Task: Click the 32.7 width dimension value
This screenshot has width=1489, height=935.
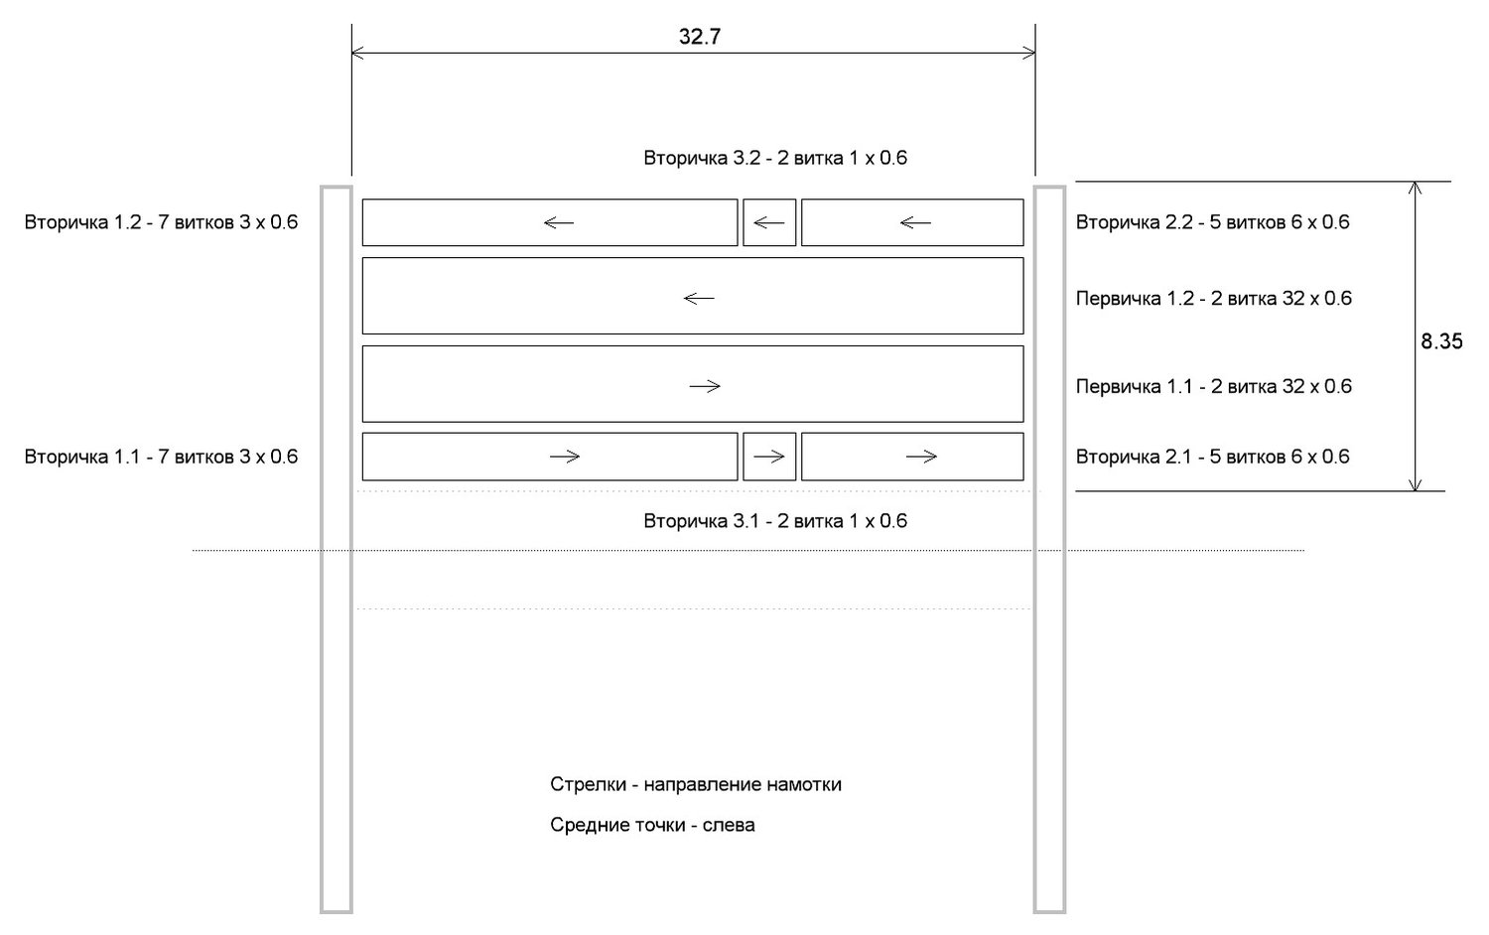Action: (699, 38)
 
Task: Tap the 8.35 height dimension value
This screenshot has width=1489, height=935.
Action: (1441, 341)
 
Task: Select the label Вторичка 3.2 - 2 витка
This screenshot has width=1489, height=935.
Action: (774, 158)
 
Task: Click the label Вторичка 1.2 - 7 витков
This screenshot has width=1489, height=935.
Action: (161, 222)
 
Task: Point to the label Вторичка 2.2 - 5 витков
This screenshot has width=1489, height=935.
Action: (1212, 222)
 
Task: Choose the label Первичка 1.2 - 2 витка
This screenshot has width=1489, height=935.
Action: (1213, 299)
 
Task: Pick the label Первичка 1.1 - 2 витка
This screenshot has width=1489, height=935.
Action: (1213, 387)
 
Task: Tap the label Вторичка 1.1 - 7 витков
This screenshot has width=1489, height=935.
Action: (161, 458)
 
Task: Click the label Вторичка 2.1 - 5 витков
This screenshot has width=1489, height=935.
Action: (1212, 458)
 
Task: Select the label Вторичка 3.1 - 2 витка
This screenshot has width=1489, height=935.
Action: (774, 521)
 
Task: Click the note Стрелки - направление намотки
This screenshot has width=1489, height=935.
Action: (695, 785)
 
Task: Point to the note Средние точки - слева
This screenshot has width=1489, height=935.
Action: (652, 826)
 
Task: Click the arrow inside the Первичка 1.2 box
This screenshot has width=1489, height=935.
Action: (699, 298)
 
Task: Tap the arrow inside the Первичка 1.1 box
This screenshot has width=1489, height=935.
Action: (704, 386)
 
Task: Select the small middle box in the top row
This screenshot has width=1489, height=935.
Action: (769, 222)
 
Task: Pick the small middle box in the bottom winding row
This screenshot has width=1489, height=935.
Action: (769, 457)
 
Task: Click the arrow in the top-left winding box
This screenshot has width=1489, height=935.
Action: (559, 222)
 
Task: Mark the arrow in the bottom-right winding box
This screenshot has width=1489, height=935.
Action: (921, 457)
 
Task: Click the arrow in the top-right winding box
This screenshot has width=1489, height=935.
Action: (914, 222)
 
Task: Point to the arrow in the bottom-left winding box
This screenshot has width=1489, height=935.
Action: (564, 457)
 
